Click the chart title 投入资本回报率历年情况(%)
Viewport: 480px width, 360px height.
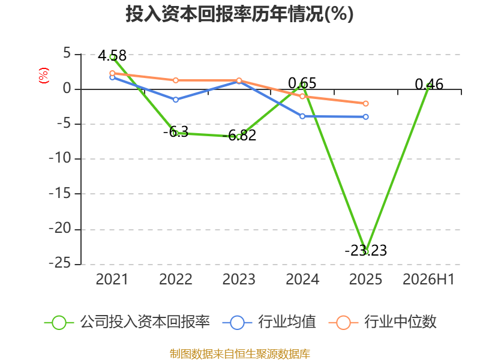click(239, 14)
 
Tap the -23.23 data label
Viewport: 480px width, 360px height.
click(366, 250)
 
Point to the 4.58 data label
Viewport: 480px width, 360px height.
click(112, 56)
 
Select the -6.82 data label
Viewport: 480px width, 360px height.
click(239, 136)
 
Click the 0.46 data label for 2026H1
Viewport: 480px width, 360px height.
click(429, 84)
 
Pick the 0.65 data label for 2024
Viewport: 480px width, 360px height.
click(302, 83)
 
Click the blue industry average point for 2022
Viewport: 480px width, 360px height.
click(176, 100)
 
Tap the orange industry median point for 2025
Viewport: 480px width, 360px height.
click(365, 104)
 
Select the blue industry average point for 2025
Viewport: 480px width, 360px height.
click(365, 117)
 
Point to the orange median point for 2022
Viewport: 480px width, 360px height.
click(176, 80)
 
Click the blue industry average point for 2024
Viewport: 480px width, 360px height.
click(302, 116)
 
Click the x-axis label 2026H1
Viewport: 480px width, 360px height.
click(428, 280)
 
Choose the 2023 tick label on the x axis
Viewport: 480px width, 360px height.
click(239, 280)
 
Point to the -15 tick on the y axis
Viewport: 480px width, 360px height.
click(60, 193)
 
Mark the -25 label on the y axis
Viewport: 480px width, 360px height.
click(60, 263)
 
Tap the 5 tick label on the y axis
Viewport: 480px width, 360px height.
click(67, 54)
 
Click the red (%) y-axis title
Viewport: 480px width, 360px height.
click(43, 76)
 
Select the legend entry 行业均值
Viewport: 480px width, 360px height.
click(269, 322)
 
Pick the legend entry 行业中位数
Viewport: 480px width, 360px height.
click(382, 322)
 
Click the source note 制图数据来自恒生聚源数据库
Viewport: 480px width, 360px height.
click(240, 354)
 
